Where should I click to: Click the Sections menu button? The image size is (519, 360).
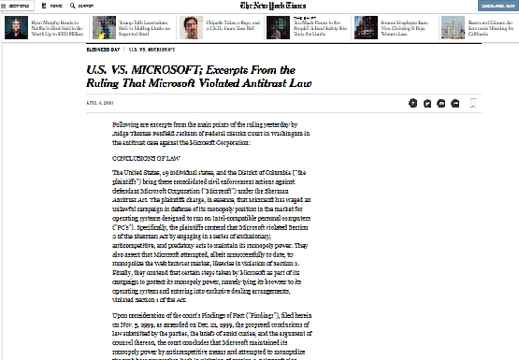coord(17,5)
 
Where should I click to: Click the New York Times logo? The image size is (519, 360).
coord(259,6)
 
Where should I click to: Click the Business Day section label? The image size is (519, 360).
coord(102,48)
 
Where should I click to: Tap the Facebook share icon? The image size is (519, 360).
coord(413,103)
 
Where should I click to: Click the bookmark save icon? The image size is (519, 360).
coord(474,103)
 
